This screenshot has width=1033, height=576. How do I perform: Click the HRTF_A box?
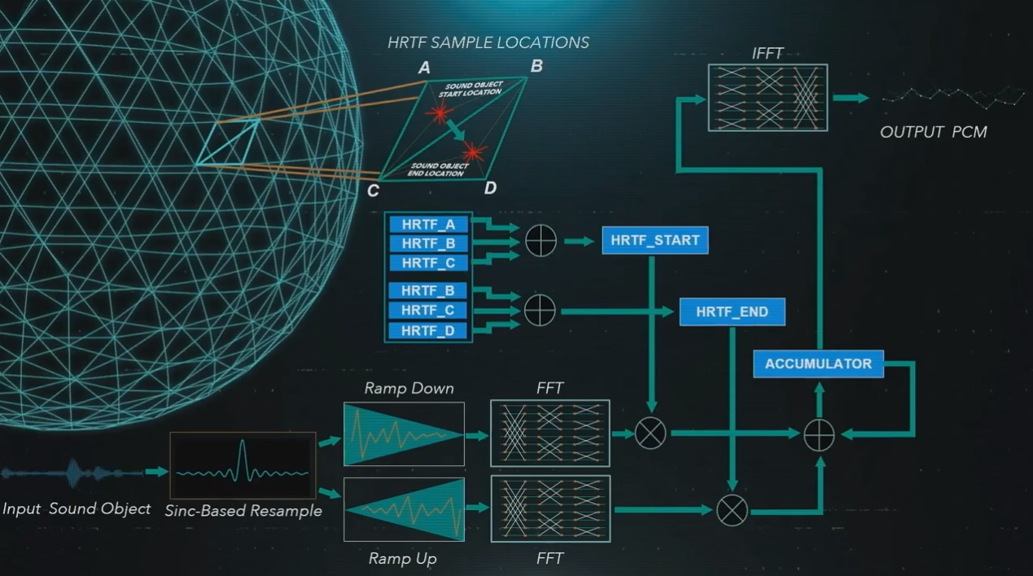[x=428, y=225]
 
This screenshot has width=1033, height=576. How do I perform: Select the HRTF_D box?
[x=427, y=331]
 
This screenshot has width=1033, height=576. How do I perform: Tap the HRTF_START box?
[x=654, y=240]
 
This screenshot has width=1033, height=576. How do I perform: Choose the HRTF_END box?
[x=733, y=312]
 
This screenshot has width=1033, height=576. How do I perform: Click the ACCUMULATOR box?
[x=819, y=363]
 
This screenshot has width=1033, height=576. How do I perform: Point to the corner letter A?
[x=424, y=68]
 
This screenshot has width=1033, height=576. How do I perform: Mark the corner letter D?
[x=490, y=188]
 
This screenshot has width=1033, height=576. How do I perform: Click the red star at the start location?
[x=440, y=112]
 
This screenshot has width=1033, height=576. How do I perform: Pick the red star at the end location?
[x=473, y=152]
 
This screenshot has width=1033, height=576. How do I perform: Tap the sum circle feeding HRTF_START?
[x=541, y=241]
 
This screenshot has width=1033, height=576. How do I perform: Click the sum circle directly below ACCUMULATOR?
[x=819, y=435]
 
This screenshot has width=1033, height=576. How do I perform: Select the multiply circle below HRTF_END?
[x=732, y=511]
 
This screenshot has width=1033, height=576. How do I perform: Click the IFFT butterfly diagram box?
[x=768, y=98]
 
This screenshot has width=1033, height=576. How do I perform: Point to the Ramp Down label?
[x=409, y=388]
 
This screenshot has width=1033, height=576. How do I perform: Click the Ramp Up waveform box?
[x=404, y=509]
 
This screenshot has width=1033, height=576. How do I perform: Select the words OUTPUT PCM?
[x=934, y=132]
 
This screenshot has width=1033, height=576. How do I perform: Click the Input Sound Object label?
[x=77, y=508]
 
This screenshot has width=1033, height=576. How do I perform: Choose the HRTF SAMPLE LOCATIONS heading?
[x=488, y=42]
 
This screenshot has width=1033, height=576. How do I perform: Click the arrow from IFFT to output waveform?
[x=851, y=98]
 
